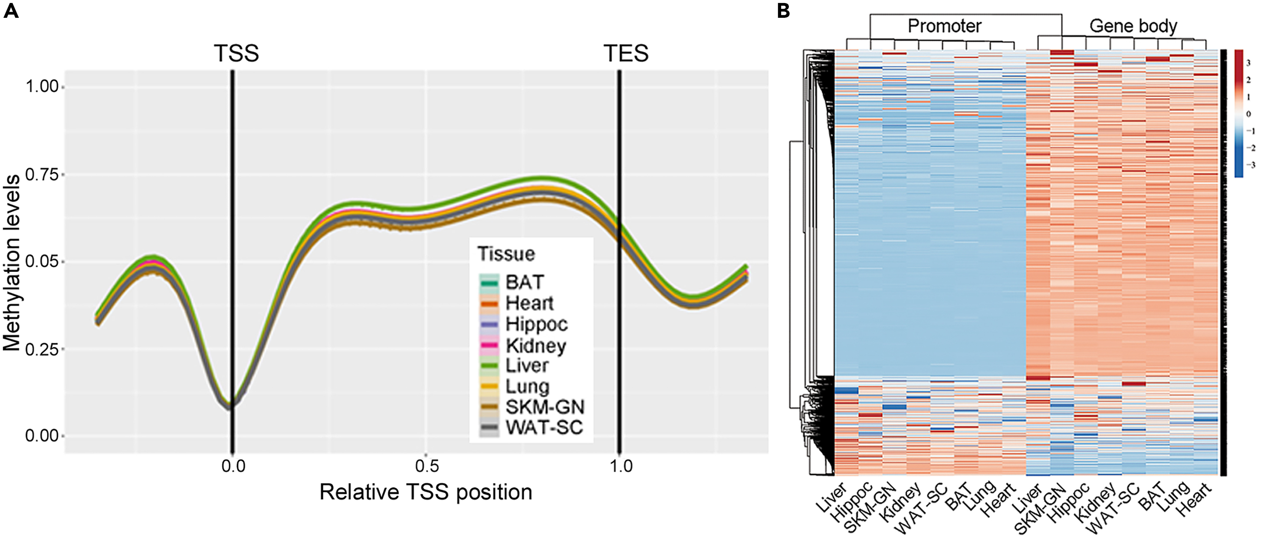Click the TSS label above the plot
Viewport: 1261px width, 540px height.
236,53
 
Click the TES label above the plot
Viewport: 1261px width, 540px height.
626,53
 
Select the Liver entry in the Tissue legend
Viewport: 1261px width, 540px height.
526,365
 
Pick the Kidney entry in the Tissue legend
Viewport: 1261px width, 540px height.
535,345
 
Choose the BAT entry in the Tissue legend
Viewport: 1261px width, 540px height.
524,282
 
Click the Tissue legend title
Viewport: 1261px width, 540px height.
506,254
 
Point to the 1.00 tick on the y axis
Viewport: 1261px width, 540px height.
42,87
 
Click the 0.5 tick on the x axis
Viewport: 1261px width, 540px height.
427,466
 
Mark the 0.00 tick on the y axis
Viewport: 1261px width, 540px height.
42,435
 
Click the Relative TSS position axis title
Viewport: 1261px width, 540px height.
426,492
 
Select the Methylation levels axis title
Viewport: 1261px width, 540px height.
12,263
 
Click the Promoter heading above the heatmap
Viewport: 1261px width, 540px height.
944,26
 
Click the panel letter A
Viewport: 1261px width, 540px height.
11,10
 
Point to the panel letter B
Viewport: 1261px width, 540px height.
783,10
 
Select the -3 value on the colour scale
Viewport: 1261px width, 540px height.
1249,165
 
